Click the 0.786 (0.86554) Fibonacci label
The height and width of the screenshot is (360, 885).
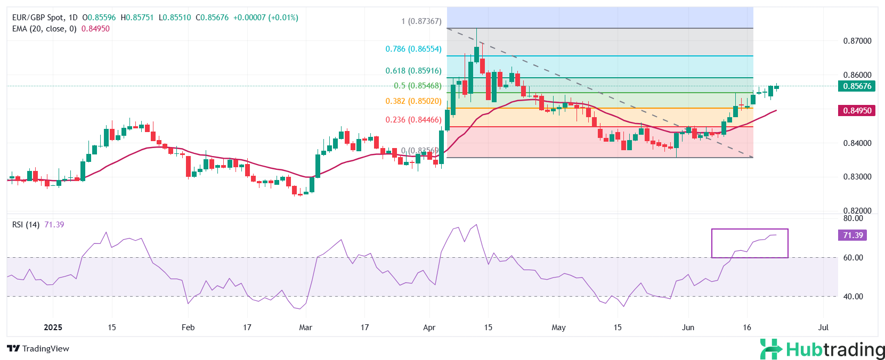click(x=413, y=49)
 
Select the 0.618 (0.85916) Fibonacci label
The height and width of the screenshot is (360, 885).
click(x=413, y=71)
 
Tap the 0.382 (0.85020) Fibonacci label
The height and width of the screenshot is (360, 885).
click(x=413, y=101)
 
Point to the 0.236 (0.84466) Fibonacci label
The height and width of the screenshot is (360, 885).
click(x=413, y=120)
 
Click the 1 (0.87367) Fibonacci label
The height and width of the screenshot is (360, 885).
click(x=421, y=21)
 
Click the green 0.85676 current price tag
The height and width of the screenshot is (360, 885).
click(x=857, y=86)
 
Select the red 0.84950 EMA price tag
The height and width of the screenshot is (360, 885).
click(x=857, y=111)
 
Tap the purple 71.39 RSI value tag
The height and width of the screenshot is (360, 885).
click(x=852, y=235)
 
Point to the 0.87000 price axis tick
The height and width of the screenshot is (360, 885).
click(x=857, y=41)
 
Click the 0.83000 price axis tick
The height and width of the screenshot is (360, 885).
click(x=857, y=177)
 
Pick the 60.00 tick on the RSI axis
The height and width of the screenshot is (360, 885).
click(x=853, y=258)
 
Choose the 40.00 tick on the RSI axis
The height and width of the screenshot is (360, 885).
click(x=853, y=297)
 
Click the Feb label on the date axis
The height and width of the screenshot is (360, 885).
click(x=188, y=328)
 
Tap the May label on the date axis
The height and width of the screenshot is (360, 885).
click(x=558, y=328)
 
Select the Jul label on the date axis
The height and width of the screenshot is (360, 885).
click(x=823, y=328)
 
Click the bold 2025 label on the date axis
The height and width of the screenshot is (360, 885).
click(x=53, y=328)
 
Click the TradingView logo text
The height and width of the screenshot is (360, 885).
click(x=38, y=349)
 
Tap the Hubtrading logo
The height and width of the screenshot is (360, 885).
click(x=822, y=350)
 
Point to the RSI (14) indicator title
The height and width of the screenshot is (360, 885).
click(x=26, y=225)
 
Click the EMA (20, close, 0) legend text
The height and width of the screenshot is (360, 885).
click(x=44, y=29)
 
